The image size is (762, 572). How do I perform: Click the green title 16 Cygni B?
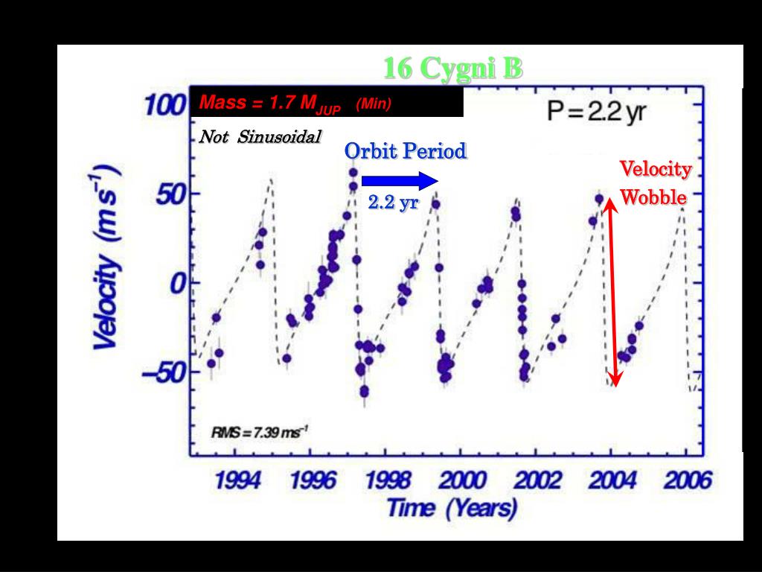[x=452, y=69]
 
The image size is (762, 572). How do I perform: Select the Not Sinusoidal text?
[x=260, y=138]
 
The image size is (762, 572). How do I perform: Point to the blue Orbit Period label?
[x=405, y=151]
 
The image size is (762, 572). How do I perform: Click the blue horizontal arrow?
[x=400, y=180]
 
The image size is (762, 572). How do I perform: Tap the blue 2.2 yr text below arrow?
[x=393, y=203]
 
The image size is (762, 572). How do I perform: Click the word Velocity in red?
[x=656, y=170]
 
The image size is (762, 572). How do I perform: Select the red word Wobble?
[x=653, y=197]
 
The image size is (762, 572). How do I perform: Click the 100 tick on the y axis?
[x=164, y=105]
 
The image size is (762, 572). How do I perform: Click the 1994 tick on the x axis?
[x=238, y=480]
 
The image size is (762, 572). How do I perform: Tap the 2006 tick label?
[x=687, y=480]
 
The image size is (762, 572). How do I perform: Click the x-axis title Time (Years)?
[x=452, y=509]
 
